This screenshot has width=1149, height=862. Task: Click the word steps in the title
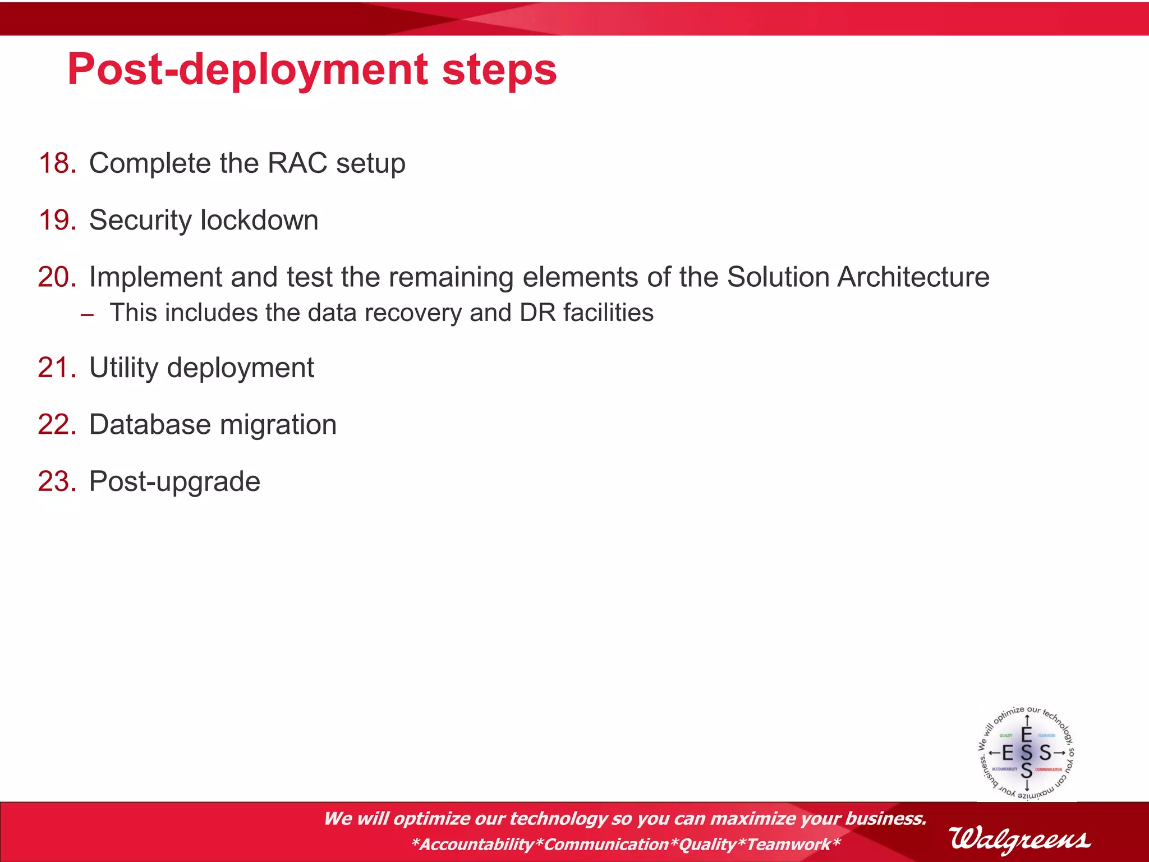499,70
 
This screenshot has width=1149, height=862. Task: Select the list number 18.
57,163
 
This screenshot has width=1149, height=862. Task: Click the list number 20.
57,277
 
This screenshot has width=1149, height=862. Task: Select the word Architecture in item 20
913,277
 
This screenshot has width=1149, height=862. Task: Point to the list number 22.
57,425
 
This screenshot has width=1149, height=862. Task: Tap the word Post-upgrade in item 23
174,482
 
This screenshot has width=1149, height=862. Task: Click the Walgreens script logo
1019,839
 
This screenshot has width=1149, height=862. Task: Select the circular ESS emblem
1026,753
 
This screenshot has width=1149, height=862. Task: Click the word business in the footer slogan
885,819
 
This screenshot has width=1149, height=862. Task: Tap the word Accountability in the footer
477,844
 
